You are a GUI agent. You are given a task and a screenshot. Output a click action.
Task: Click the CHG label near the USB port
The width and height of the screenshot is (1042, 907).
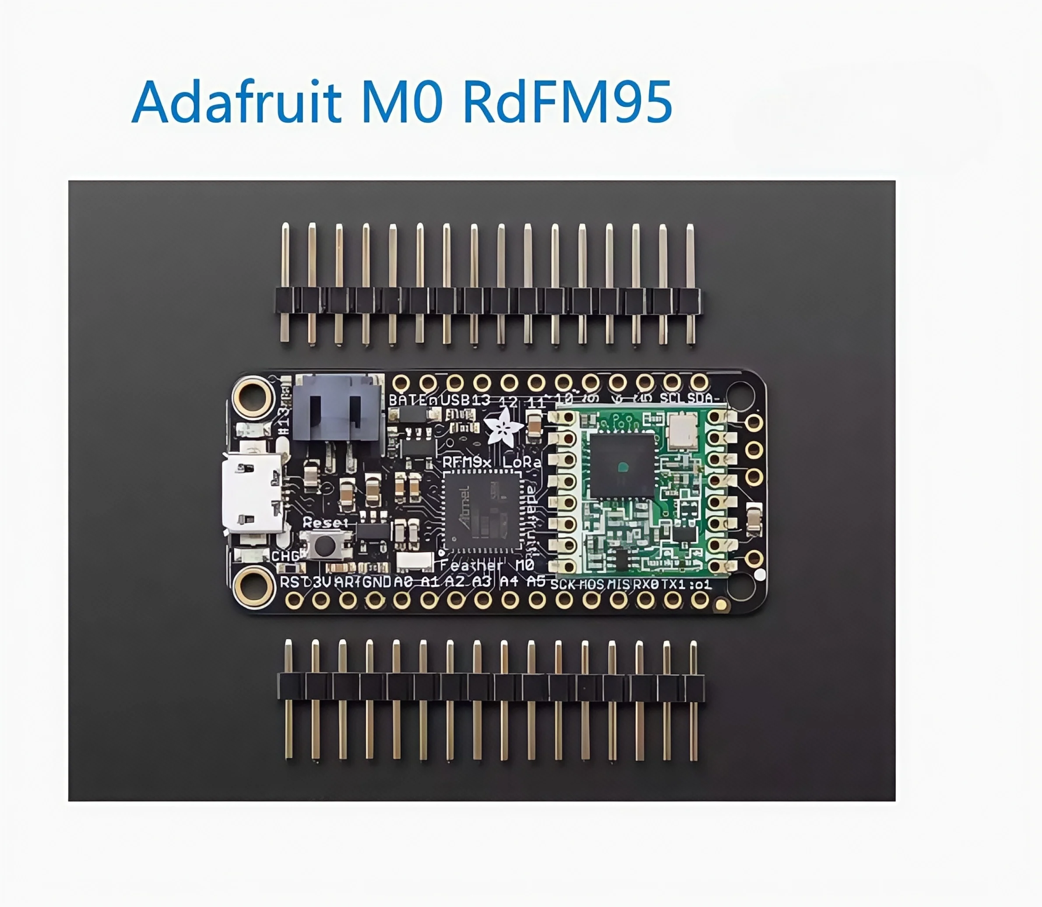(x=285, y=556)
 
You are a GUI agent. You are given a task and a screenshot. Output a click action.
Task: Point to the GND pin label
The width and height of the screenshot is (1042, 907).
(x=377, y=582)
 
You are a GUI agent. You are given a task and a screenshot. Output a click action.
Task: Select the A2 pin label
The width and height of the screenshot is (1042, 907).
(x=455, y=582)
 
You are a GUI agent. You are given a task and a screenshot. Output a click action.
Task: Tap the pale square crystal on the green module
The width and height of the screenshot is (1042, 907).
(x=683, y=431)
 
